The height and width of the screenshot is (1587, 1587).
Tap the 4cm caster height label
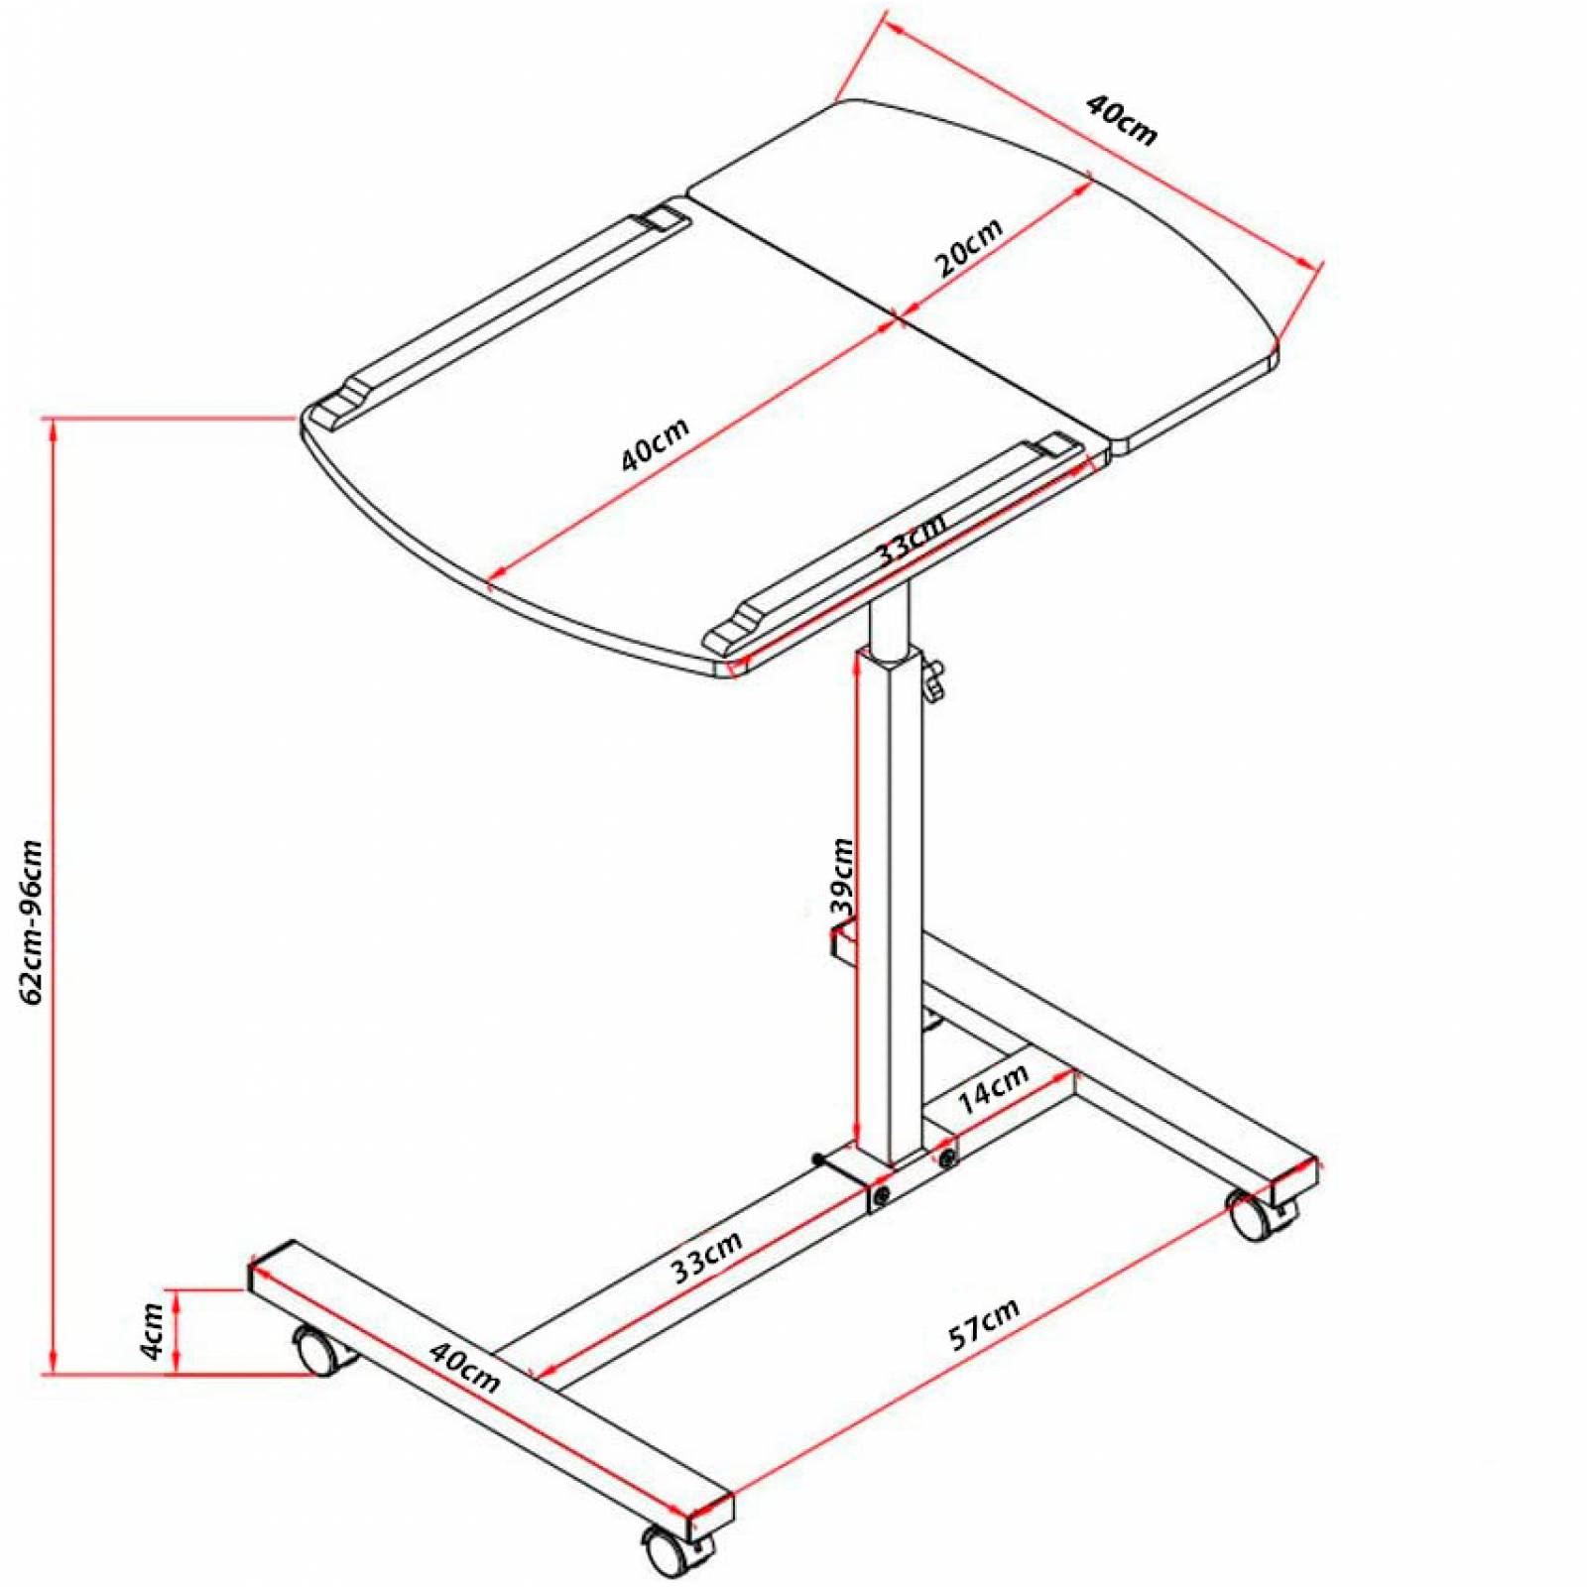[152, 1332]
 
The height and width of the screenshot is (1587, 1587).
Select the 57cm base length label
[983, 1324]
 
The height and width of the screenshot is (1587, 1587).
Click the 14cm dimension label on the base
[992, 1087]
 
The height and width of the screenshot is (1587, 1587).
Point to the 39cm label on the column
[841, 877]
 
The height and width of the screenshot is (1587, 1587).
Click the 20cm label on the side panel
[968, 247]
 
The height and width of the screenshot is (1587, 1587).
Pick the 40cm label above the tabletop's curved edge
[1122, 119]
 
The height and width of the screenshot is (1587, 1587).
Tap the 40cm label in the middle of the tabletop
[655, 444]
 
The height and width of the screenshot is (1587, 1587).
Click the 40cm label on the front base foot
[464, 1366]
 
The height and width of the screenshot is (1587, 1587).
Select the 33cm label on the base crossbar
[706, 1258]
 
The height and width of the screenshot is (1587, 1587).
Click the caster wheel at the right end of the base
[1252, 1214]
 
